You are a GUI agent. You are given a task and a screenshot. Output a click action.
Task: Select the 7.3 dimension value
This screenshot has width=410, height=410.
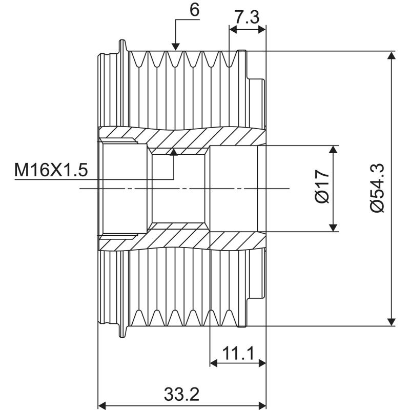click(247, 17)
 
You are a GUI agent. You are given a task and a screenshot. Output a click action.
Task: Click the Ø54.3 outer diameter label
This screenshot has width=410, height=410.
click(378, 188)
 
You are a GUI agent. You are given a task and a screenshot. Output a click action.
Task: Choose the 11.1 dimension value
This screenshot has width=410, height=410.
click(238, 353)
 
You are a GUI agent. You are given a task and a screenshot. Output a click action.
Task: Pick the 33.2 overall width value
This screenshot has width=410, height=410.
click(181, 395)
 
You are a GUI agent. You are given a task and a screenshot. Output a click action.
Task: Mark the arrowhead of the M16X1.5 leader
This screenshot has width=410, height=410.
click(174, 152)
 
